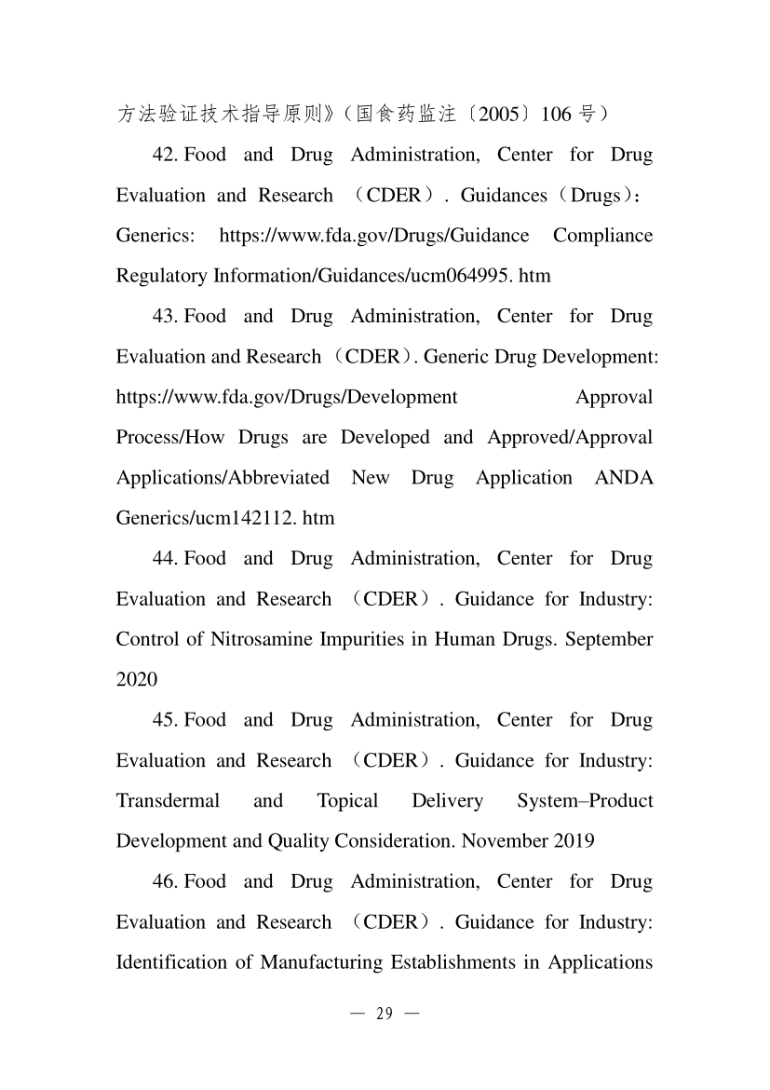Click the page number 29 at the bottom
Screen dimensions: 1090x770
point(385,1015)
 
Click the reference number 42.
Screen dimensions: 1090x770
point(165,155)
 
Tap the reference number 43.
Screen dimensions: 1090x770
point(165,316)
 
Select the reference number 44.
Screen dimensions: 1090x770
point(165,558)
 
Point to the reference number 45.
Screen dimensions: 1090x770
point(165,720)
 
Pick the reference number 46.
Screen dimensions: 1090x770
point(165,881)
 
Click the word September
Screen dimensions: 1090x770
point(608,639)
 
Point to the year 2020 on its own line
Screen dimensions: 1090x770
point(137,679)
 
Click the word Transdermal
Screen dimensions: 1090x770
point(168,801)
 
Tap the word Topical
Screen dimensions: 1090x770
point(347,801)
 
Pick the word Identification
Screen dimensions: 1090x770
point(169,962)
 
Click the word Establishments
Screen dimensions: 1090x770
point(451,962)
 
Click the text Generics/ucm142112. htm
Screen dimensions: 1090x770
point(224,518)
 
